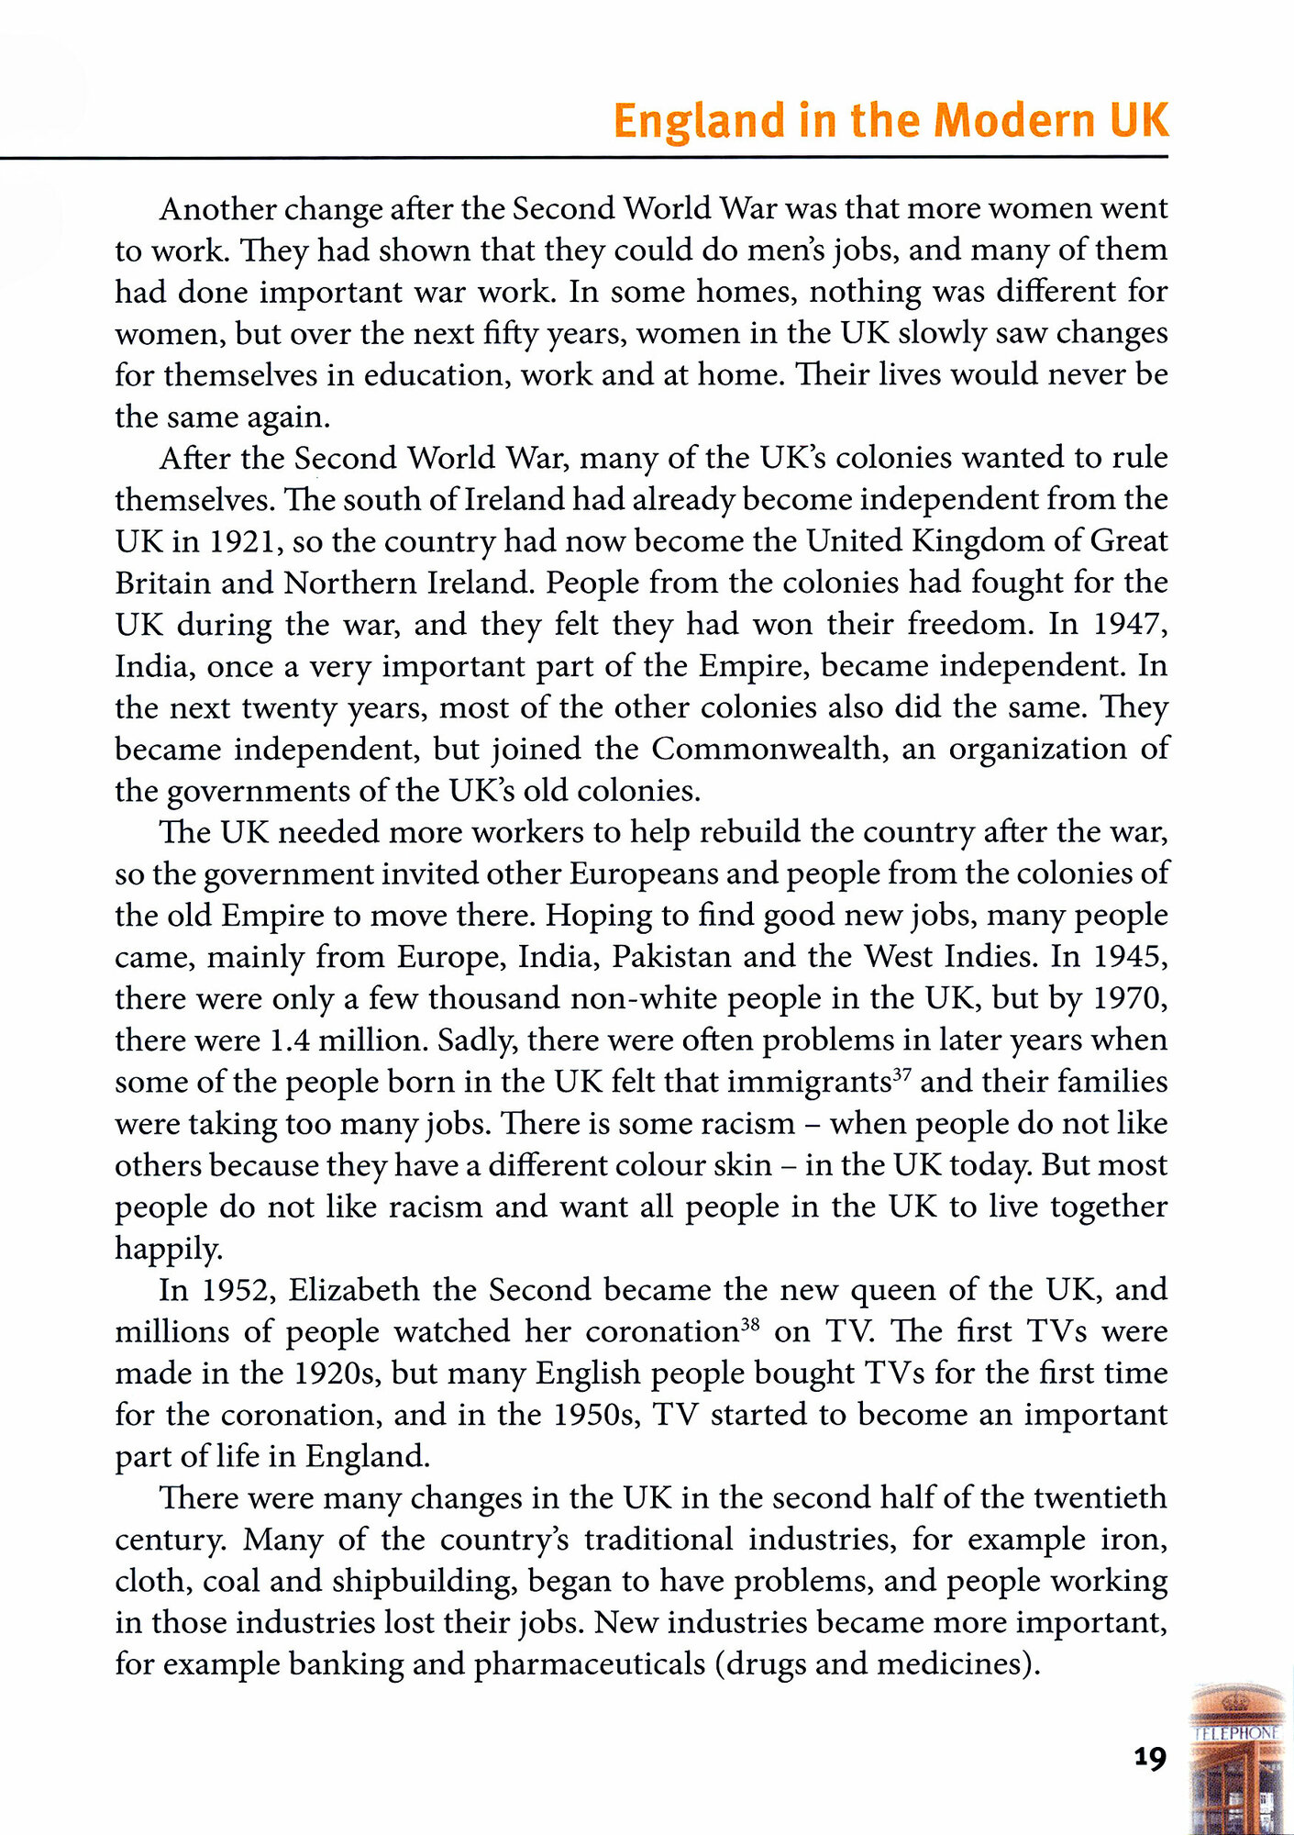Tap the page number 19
coord(1149,1758)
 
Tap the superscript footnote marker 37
coord(902,1073)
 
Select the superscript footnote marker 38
coord(751,1324)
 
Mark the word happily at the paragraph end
coord(168,1249)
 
